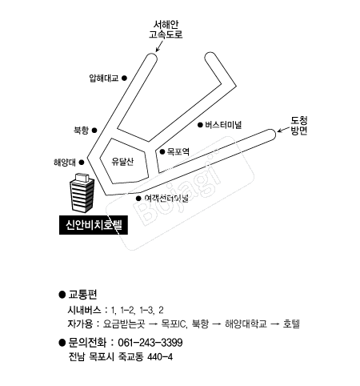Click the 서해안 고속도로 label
(166, 30)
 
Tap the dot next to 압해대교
(124, 78)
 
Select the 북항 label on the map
(81, 131)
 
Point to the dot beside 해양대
(82, 163)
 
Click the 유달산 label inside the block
(122, 161)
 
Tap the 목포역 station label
(178, 151)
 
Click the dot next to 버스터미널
(200, 125)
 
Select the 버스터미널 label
(223, 125)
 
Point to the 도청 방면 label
(299, 126)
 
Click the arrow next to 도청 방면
(283, 130)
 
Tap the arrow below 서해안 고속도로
(159, 46)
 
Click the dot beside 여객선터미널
(138, 199)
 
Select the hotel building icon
(82, 192)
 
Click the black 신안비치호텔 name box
(94, 225)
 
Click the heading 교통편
(82, 294)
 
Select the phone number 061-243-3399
(150, 343)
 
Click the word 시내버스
(85, 310)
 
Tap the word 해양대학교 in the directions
(246, 324)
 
